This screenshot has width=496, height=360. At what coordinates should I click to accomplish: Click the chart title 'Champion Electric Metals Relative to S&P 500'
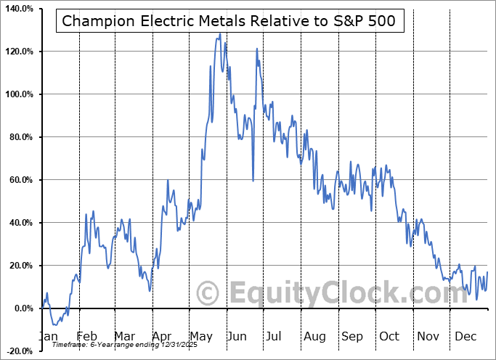(229, 20)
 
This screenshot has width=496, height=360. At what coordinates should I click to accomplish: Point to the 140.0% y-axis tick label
(17, 9)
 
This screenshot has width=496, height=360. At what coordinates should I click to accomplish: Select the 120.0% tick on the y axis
(17, 52)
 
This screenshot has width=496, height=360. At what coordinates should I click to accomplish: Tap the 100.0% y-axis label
(17, 94)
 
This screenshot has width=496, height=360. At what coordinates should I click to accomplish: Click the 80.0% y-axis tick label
(19, 137)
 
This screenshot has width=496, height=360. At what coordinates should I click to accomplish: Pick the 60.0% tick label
(19, 180)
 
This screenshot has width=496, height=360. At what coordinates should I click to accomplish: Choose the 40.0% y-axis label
(19, 223)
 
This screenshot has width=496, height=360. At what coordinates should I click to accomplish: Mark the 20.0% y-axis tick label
(19, 266)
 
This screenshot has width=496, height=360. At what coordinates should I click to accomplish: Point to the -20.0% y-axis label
(18, 351)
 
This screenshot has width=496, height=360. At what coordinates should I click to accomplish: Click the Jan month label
(47, 337)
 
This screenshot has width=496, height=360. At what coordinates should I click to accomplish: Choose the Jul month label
(275, 337)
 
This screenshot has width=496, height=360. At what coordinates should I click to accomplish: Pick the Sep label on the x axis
(352, 337)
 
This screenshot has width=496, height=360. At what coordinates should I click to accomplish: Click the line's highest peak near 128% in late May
(219, 33)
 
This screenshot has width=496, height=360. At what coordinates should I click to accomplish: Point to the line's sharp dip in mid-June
(253, 180)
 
